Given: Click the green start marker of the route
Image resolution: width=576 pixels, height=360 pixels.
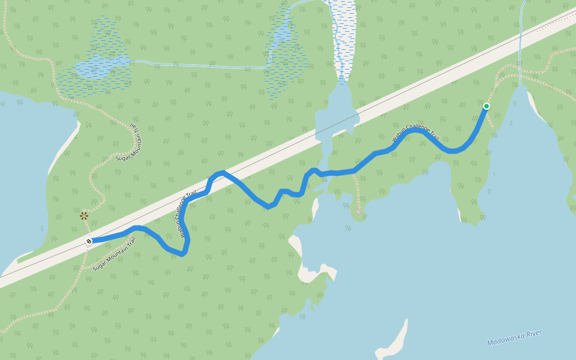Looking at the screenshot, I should coord(486,106).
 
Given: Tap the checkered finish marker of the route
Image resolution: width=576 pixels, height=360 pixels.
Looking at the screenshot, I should coord(89,241).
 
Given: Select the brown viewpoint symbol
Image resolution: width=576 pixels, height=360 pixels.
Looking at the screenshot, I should coord(84,215).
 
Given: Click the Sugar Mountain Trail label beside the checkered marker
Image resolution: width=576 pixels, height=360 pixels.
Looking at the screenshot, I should coord(115,254).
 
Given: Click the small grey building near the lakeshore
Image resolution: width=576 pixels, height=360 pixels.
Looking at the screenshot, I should coord(359,211).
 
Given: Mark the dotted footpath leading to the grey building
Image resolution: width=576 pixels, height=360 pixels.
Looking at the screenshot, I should coord(356,192).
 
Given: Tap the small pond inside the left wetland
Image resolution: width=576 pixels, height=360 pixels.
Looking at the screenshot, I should coord(102,66).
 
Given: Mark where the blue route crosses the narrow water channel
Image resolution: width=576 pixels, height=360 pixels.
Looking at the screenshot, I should coord(320,174).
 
